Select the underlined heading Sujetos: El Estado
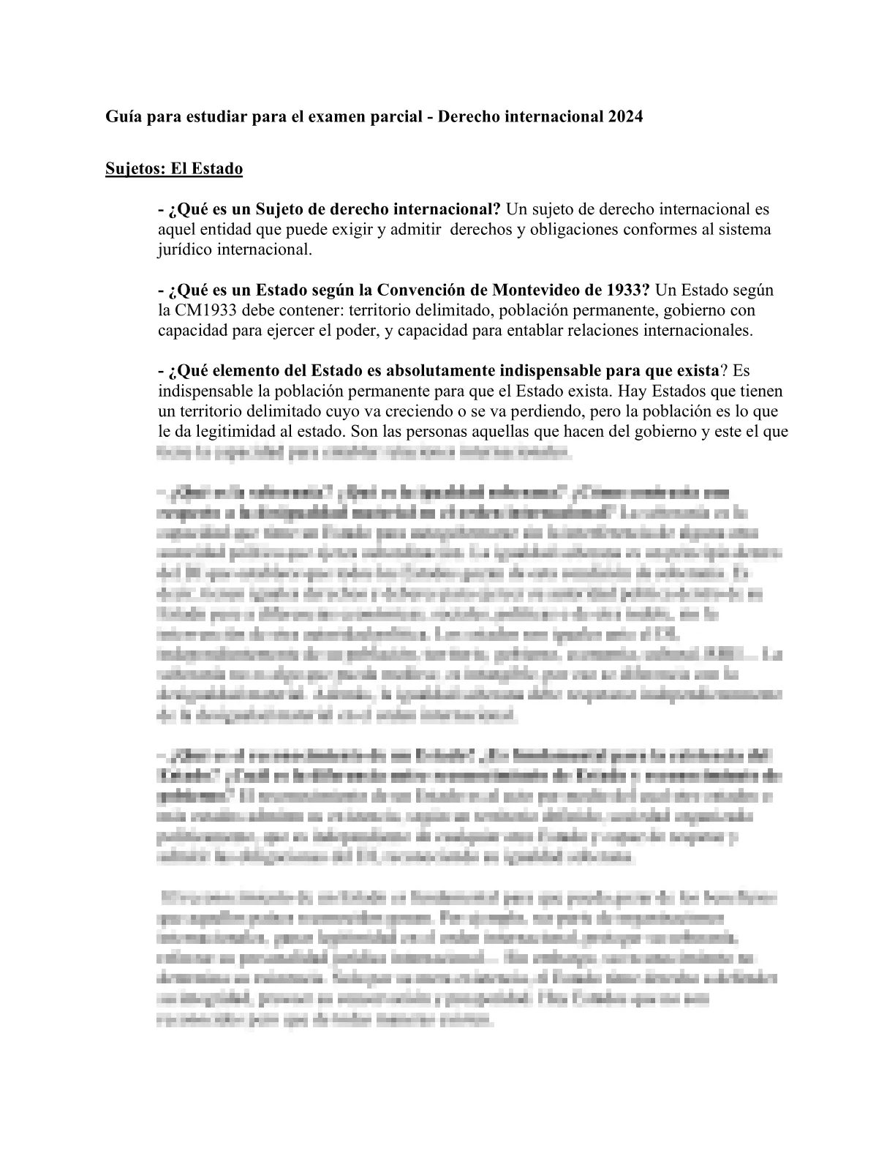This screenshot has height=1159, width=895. [174, 169]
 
